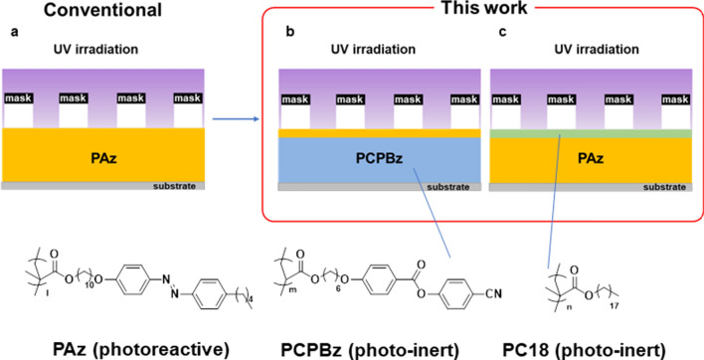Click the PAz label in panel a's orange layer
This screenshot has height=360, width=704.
click(x=104, y=155)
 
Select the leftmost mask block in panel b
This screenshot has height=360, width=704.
click(x=297, y=98)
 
